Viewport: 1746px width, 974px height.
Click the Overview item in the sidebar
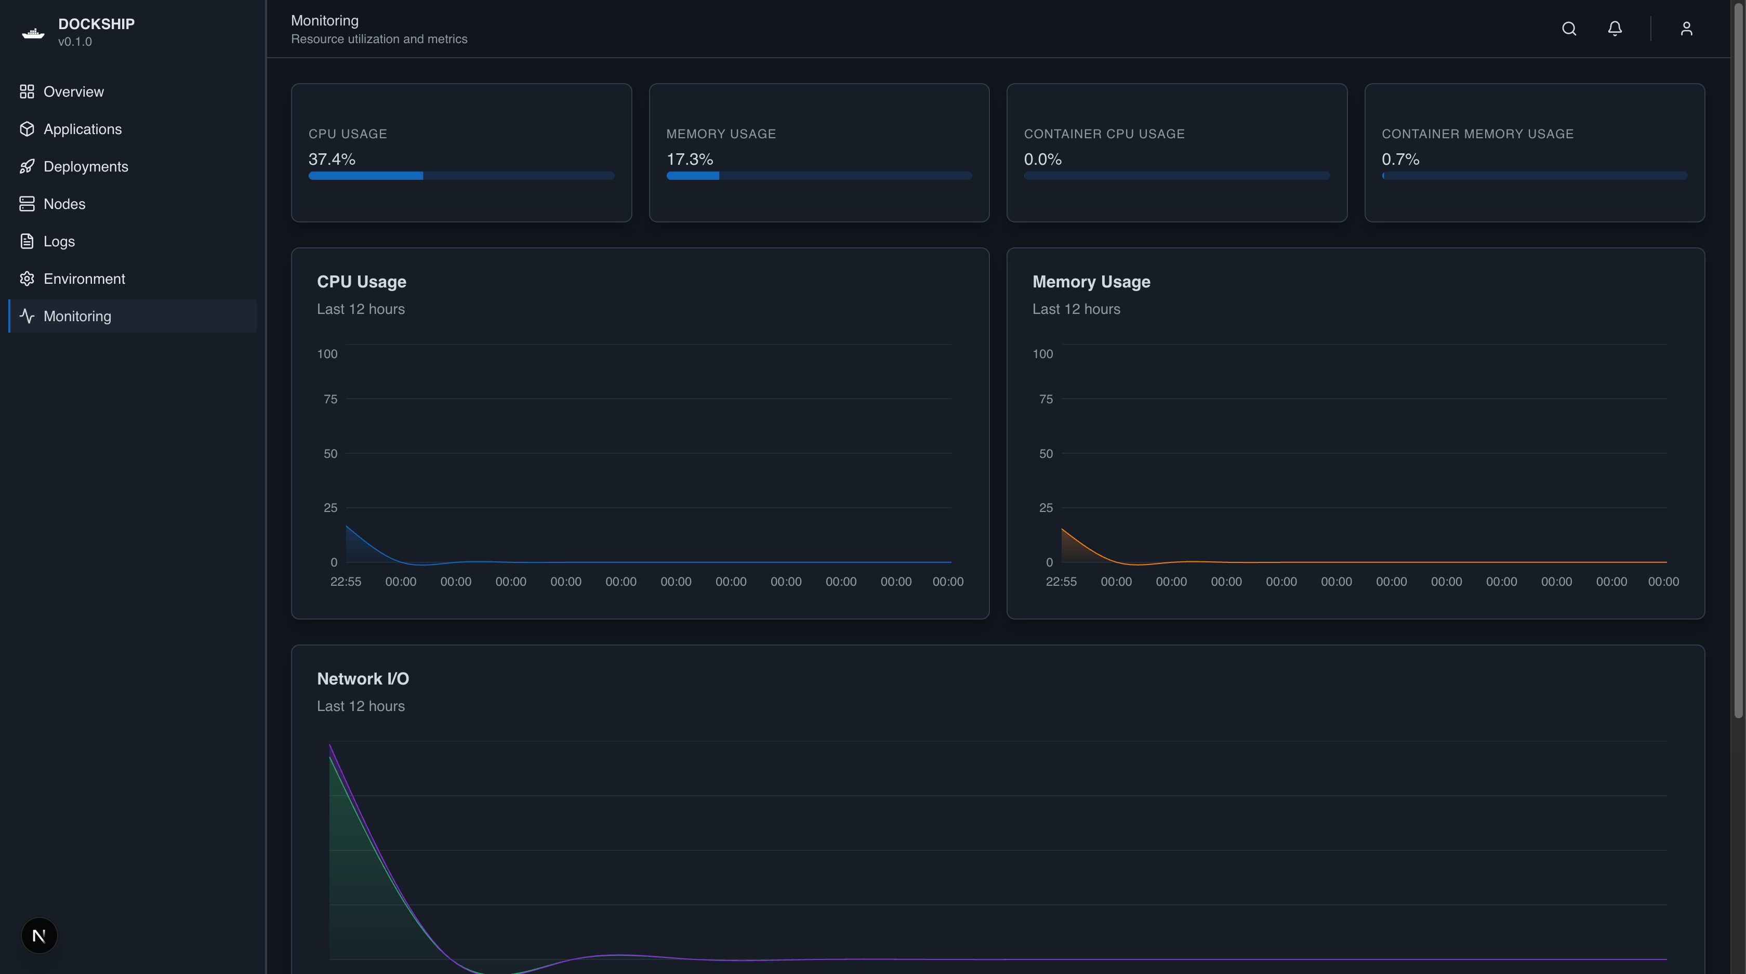click(x=73, y=91)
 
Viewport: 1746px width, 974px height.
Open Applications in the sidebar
click(x=82, y=129)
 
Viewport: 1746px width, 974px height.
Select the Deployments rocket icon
click(x=27, y=167)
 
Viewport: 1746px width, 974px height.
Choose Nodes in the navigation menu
click(x=64, y=204)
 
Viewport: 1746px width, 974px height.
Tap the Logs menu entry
click(x=59, y=241)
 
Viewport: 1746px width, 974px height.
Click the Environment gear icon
click(x=27, y=279)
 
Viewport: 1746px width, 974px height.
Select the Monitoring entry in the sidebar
click(x=77, y=316)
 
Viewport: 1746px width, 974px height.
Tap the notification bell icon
click(x=1615, y=29)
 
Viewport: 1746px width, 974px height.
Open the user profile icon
click(x=1686, y=29)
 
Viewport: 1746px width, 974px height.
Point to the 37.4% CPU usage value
click(x=332, y=159)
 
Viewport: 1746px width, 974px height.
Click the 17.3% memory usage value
click(x=690, y=159)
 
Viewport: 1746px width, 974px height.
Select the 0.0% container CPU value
click(x=1042, y=159)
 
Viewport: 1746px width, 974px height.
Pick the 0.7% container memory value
click(x=1400, y=159)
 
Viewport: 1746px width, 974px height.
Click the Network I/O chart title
click(x=363, y=678)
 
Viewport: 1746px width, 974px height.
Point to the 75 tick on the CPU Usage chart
click(x=330, y=399)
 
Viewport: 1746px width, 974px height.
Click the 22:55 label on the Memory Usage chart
click(x=1061, y=582)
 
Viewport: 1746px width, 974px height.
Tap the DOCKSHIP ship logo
click(x=33, y=33)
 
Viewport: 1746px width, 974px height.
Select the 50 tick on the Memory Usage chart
click(x=1046, y=453)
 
